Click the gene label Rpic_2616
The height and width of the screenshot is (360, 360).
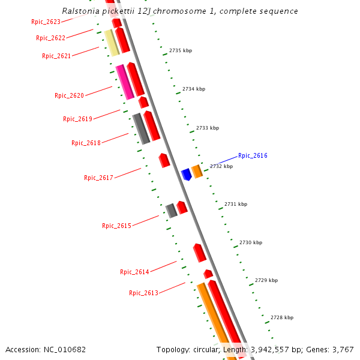coord(253,155)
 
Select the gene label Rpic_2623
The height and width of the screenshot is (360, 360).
coord(46,22)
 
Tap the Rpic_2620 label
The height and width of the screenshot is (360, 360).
coord(69,95)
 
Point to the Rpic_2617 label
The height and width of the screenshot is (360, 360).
coord(98,178)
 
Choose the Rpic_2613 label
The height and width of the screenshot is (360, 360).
coord(143,293)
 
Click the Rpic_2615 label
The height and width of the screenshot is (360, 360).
coord(116,226)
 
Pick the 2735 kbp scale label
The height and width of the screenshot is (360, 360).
coord(181,51)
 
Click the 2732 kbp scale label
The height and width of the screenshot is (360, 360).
coord(221,166)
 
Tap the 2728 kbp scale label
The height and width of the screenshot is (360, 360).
coord(282,317)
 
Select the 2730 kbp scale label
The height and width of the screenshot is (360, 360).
coord(251,243)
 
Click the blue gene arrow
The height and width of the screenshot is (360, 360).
coord(186,174)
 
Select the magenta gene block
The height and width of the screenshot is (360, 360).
coord(124,82)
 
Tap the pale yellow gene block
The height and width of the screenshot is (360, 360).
coord(112,43)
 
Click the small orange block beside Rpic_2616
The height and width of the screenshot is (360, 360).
coord(197,172)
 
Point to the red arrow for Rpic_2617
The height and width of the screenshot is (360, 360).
coord(164,160)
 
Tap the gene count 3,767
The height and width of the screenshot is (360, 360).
coord(341,349)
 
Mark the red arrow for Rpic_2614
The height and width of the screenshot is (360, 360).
coord(200,253)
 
